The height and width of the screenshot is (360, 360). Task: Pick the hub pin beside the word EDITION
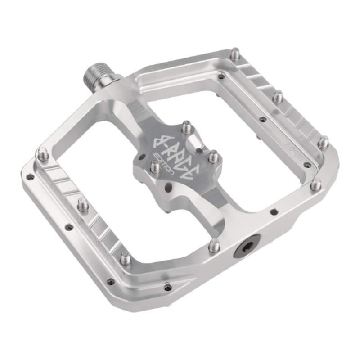pyautogui.click(x=154, y=166)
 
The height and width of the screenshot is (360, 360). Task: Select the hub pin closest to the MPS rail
pyautogui.click(x=213, y=157)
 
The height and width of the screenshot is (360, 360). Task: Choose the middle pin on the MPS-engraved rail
pyautogui.click(x=278, y=96)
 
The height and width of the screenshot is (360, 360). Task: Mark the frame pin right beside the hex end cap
pyautogui.click(x=215, y=245)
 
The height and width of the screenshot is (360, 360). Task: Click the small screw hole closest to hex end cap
pyautogui.click(x=272, y=211)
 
